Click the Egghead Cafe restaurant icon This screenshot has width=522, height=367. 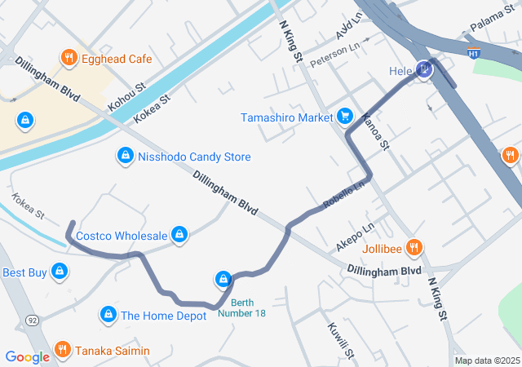(x=69, y=58)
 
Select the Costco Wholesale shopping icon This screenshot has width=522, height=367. (x=180, y=236)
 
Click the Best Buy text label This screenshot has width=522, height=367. (x=24, y=272)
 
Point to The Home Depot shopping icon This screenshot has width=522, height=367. (x=108, y=315)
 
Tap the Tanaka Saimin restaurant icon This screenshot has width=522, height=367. (x=62, y=351)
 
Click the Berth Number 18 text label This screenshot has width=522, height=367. (x=241, y=309)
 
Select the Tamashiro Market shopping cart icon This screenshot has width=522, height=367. (x=345, y=117)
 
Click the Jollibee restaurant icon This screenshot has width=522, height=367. (x=414, y=247)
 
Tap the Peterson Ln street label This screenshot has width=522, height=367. (x=334, y=55)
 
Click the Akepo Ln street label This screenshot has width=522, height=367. (x=355, y=237)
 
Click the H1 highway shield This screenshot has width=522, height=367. (x=473, y=53)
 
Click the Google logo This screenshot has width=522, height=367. (x=27, y=356)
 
